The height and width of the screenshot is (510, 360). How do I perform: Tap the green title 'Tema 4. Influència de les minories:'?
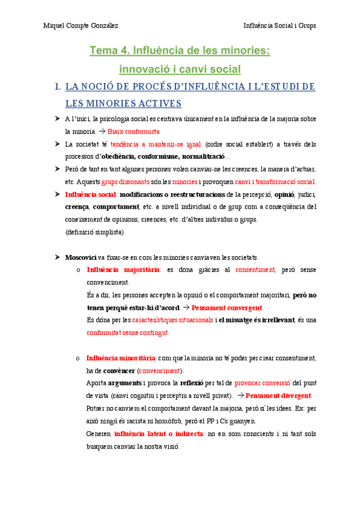(180, 51)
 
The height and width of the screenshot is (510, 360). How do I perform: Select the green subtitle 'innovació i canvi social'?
(180, 69)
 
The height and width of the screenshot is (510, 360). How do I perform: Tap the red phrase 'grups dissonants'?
(126, 182)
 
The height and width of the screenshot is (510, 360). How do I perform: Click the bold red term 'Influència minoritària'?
(121, 358)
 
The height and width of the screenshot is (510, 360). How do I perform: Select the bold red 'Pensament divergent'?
(279, 395)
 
